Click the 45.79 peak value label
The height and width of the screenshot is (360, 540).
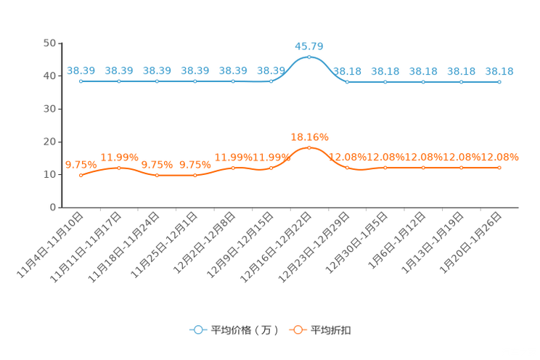[x=309, y=46]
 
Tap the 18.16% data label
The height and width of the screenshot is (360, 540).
[x=309, y=137]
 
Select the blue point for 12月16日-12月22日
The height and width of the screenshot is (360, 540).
[x=309, y=57]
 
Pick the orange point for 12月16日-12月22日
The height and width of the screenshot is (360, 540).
[x=309, y=148]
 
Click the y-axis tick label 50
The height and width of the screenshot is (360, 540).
[x=49, y=43]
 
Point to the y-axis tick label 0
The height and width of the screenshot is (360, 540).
[x=53, y=207]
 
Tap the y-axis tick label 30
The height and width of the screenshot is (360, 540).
[x=49, y=109]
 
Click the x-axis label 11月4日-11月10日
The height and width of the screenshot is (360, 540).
[x=50, y=245]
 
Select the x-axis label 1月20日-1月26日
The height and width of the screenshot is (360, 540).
[x=470, y=243]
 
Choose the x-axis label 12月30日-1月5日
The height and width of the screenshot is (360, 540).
[x=356, y=243]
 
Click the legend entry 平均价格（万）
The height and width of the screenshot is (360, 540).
[x=234, y=330]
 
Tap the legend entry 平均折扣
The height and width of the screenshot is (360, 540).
[x=320, y=330]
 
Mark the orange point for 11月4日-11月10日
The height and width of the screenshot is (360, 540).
[x=81, y=176]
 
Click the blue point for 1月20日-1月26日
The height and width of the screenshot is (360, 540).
[x=499, y=82]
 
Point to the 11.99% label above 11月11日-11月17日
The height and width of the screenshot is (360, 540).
[x=119, y=157]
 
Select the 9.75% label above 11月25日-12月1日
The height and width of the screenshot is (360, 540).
[x=195, y=165]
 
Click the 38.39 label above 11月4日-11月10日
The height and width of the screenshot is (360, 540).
[x=81, y=70]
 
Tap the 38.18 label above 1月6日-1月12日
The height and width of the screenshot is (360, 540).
[x=423, y=71]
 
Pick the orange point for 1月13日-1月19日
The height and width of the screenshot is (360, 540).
[x=462, y=168]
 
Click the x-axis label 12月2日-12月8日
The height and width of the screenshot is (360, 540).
[x=204, y=243]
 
